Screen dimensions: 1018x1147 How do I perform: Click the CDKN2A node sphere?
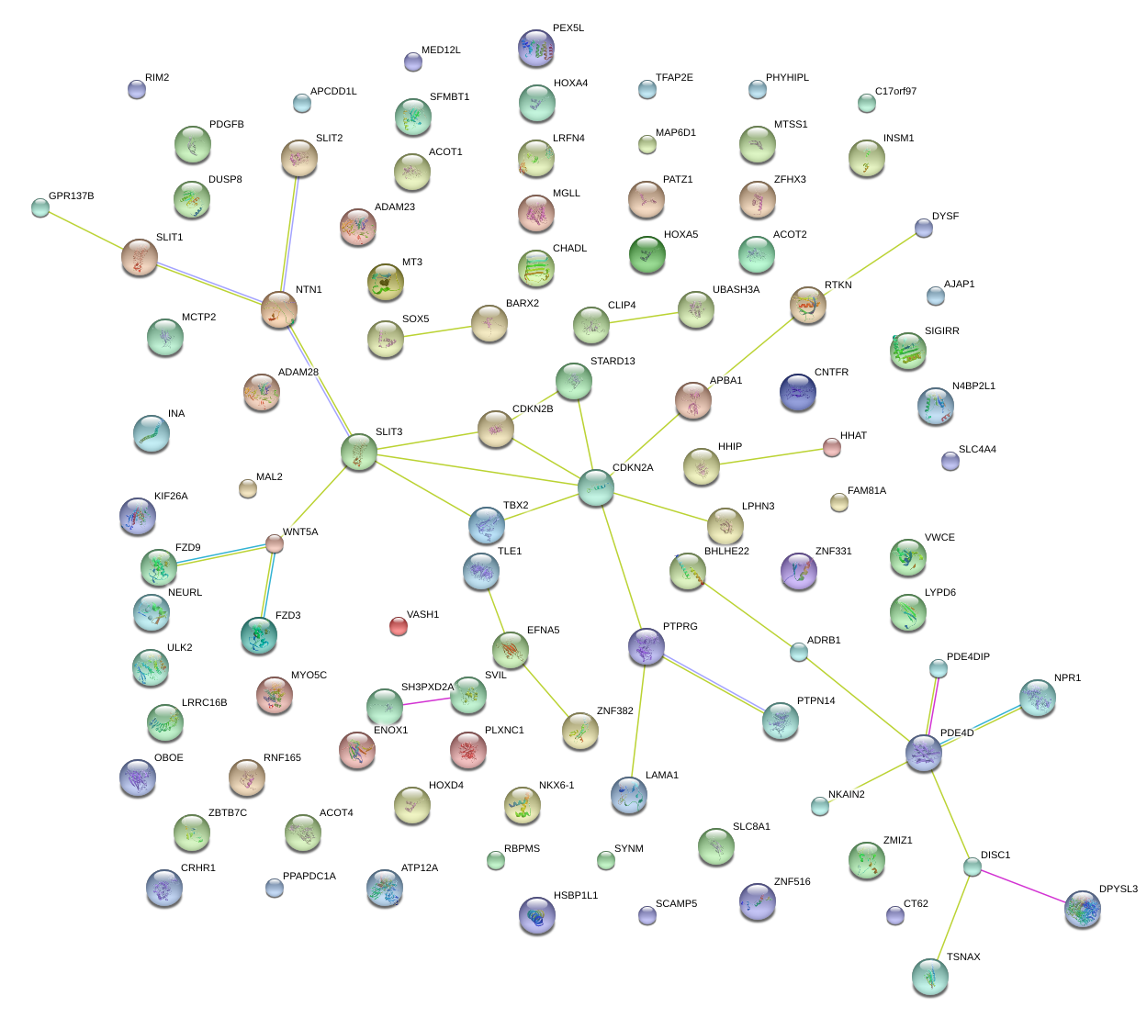click(x=596, y=487)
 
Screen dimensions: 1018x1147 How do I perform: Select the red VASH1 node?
click(x=398, y=626)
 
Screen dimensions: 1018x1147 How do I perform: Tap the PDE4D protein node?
click(x=924, y=753)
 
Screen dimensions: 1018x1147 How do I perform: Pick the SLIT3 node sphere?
click(x=359, y=452)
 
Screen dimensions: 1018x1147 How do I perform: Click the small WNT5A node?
click(x=275, y=544)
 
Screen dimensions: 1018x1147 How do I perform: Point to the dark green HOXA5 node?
click(x=647, y=254)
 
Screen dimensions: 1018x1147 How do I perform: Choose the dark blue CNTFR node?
click(x=797, y=392)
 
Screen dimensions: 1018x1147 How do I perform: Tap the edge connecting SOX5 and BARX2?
click(x=437, y=330)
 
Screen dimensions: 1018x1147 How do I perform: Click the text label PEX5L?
click(x=568, y=28)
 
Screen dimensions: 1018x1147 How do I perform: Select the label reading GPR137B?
click(x=72, y=196)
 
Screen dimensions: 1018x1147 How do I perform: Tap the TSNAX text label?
click(x=963, y=957)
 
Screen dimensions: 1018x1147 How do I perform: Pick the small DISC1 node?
click(x=973, y=867)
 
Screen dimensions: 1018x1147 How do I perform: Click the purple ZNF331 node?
click(x=798, y=571)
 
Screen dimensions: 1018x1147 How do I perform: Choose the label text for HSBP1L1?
click(x=576, y=896)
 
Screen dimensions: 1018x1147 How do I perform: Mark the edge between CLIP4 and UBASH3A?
click(x=643, y=318)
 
